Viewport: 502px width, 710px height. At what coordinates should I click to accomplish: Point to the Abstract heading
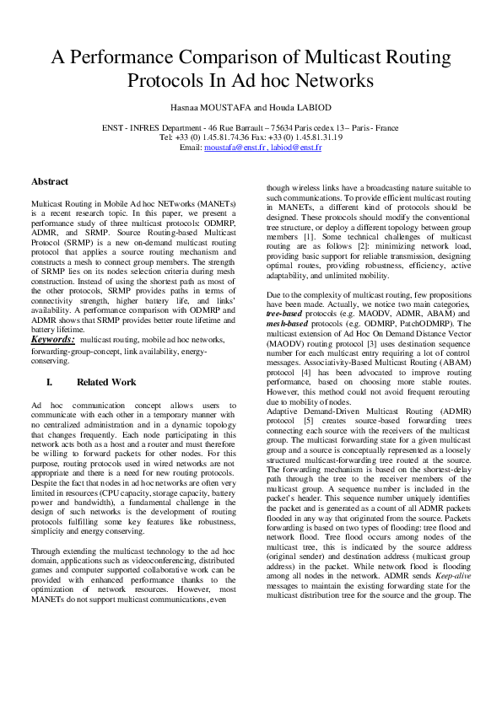[x=50, y=181]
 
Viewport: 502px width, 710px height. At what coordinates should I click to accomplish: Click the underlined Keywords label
[x=53, y=339]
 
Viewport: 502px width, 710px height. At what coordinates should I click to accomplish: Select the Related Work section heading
[x=105, y=382]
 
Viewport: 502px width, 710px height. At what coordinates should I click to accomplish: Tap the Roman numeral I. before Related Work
[x=49, y=382]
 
